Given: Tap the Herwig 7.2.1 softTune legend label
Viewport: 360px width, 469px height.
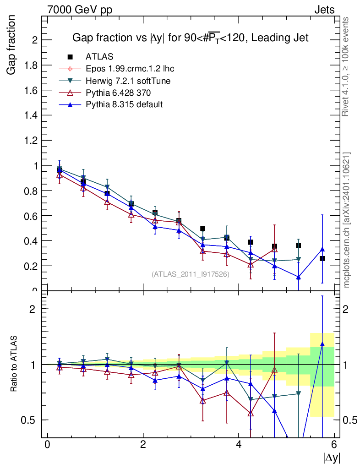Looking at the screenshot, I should pos(128,81).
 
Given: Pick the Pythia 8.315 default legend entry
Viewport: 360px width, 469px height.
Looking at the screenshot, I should pos(124,104).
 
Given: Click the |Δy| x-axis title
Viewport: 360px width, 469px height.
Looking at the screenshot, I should pos(332,457).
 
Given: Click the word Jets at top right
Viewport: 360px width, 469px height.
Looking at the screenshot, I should pos(324,10).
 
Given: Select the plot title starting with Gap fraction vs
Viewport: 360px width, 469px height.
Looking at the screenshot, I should pos(191,38).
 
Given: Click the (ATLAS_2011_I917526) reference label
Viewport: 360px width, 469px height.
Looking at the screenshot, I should pos(190,274).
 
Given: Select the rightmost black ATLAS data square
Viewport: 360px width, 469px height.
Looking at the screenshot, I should pos(322,258).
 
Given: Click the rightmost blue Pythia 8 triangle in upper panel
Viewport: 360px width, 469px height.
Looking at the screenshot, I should pos(322,250).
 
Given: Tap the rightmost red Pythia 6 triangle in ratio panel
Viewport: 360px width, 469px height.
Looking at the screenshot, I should pos(274,370).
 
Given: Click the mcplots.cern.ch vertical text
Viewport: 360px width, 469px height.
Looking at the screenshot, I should pos(347,220).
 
